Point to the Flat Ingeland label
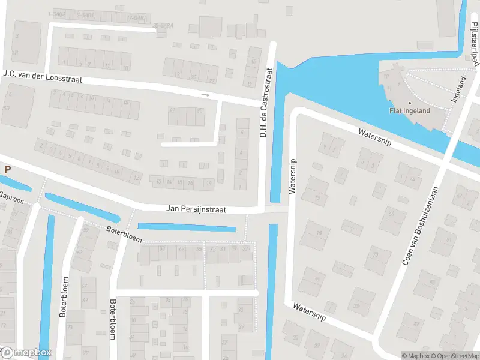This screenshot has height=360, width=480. pos(409,111)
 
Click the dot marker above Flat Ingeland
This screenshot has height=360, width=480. pos(410,103)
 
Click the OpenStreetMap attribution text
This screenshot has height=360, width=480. pos(455,356)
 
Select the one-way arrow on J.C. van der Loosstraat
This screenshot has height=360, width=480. pos(205,95)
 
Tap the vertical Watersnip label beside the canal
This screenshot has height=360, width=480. pos(293,176)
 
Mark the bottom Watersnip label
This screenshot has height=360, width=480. pos(309,311)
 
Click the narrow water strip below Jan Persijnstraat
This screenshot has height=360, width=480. pos(187,227)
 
